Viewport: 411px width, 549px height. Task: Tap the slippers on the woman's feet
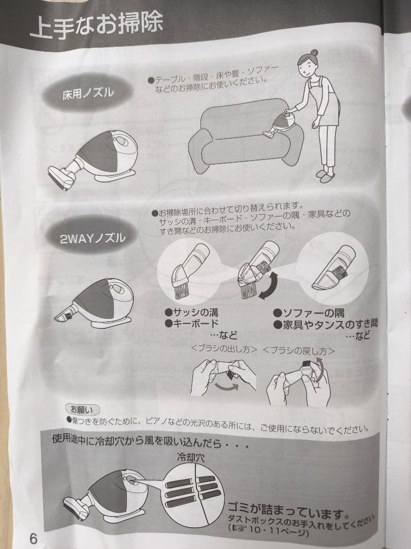(x=325, y=175)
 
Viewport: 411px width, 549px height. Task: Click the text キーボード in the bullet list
(x=195, y=323)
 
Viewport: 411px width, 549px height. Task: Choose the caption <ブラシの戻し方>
(x=299, y=350)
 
